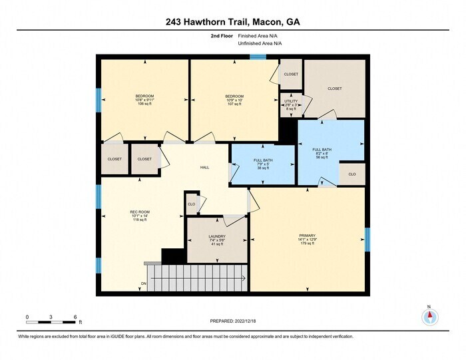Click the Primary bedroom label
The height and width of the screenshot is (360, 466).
pos(307,240)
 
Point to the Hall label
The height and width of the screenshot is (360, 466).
pos(204,167)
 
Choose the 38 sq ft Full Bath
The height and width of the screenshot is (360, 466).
pos(263,164)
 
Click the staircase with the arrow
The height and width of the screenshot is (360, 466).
pos(196,279)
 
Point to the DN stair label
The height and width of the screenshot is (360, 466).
pos(143,285)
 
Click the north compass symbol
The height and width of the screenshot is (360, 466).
pos(429,316)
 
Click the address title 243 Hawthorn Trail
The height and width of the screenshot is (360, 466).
pos(232,21)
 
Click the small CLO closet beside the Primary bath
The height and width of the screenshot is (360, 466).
pos(352,174)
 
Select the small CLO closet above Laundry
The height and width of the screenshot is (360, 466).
pos(191,204)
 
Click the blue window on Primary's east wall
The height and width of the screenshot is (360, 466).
pos(366,240)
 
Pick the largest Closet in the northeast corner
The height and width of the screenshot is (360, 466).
pos(335,89)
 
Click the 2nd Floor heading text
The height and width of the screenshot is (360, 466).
pos(220,36)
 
